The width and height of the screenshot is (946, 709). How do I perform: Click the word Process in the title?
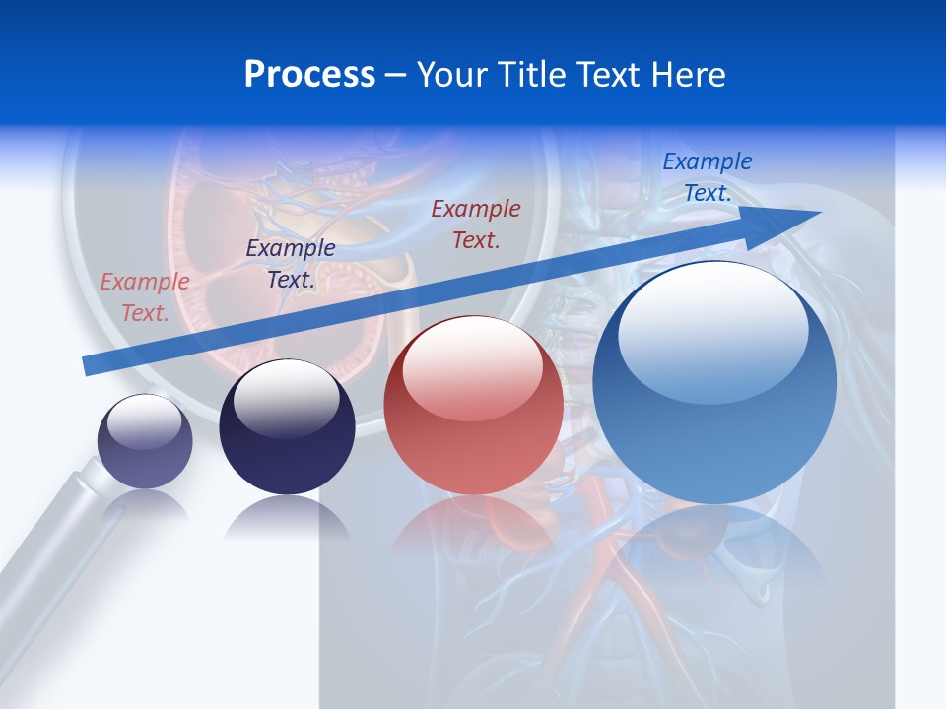(309, 75)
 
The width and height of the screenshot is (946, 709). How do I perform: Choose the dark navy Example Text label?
(291, 264)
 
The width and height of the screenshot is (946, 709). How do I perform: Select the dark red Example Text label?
(476, 224)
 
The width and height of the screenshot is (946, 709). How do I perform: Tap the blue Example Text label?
(707, 177)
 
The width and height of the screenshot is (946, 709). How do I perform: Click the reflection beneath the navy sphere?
(287, 517)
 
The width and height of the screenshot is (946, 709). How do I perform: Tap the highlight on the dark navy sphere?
(287, 396)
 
